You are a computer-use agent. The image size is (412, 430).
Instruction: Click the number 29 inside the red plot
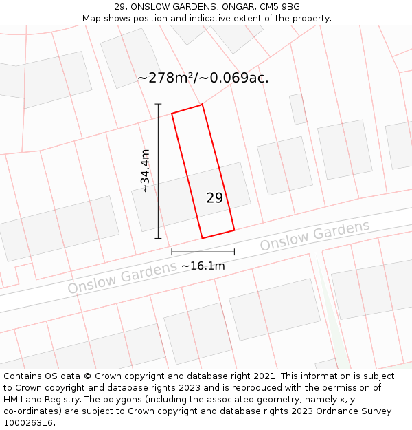point(214,198)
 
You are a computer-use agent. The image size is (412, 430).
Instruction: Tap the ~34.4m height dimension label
point(145,171)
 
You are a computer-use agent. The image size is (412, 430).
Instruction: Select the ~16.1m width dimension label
point(203,266)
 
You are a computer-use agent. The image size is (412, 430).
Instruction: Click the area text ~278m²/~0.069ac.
point(203,78)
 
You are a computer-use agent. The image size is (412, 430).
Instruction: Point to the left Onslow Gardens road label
point(122,277)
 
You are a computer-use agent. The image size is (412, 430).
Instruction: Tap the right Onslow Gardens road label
point(314,235)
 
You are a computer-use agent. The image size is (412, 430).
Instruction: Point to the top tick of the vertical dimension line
point(158,104)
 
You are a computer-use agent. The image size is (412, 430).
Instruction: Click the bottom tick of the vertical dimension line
point(158,238)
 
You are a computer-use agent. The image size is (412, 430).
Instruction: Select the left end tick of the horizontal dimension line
point(172,252)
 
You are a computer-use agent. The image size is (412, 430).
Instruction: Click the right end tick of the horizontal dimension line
point(234,252)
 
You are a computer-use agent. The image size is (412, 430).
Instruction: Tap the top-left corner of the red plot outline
point(172,113)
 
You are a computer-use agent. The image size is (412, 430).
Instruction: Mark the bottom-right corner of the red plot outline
point(234,230)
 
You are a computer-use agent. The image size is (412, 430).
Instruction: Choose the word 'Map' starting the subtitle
point(92,19)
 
